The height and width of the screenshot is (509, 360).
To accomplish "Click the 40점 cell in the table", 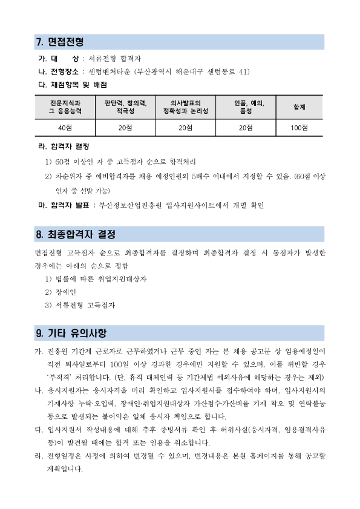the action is [65, 127].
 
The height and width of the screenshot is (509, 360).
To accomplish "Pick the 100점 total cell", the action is [299, 127].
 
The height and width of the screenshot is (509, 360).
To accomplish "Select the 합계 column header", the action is [299, 107].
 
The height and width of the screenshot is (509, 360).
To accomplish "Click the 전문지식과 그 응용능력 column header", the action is [65, 107].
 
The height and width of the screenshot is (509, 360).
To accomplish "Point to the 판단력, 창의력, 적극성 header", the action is [125, 107].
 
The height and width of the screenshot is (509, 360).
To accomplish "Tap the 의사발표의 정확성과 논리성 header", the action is [185, 107].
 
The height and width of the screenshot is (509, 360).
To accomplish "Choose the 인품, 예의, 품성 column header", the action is [245, 107].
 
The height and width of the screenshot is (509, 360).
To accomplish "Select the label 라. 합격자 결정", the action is [64, 147].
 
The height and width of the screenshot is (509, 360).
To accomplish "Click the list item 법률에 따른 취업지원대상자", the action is [100, 279].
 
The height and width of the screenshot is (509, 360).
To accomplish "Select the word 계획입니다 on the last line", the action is [64, 468].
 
